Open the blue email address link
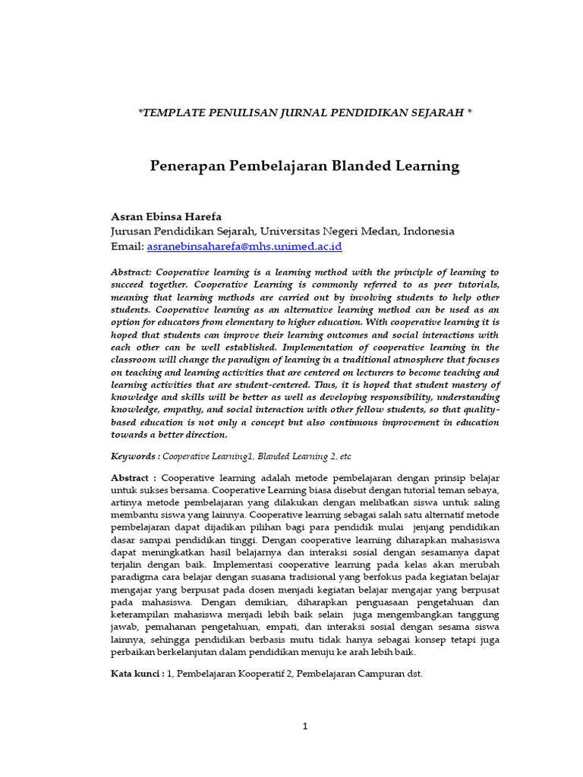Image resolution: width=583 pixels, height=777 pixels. click(244, 247)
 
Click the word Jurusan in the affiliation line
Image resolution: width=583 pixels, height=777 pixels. click(132, 231)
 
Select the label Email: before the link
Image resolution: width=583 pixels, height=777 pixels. click(127, 247)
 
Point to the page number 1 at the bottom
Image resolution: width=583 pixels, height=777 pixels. click(305, 726)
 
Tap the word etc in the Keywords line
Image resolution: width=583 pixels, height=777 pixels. click(345, 457)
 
